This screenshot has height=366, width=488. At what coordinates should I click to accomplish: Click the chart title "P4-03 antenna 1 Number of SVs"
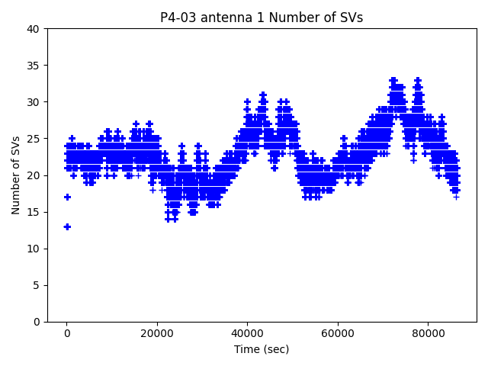(x=262, y=18)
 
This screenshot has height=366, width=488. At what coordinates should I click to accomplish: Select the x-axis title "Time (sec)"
(x=262, y=349)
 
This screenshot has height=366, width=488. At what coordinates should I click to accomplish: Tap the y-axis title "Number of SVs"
(x=16, y=175)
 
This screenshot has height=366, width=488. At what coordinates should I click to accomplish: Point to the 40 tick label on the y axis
(x=34, y=29)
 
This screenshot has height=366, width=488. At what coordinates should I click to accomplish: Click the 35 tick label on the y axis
(x=34, y=66)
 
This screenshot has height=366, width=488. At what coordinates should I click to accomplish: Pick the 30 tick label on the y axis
(x=34, y=102)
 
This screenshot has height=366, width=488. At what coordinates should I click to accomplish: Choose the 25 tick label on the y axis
(x=34, y=139)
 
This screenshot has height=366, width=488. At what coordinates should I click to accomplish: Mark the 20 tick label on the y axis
(x=34, y=175)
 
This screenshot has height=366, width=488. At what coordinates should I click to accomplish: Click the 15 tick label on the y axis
(x=34, y=212)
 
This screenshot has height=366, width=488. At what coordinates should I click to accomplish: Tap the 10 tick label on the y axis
(x=34, y=249)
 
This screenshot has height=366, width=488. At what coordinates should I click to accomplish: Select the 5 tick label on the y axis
(x=37, y=285)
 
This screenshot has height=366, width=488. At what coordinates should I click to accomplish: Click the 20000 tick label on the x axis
(x=157, y=333)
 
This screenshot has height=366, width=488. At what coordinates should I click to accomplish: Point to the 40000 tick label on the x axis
(x=247, y=333)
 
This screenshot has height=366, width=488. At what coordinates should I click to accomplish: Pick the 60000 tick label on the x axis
(x=337, y=333)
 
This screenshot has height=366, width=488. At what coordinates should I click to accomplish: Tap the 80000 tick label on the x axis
(x=427, y=333)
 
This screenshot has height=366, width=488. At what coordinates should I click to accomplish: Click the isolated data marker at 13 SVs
(x=67, y=226)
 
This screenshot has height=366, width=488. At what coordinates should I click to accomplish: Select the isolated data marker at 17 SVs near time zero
(x=67, y=197)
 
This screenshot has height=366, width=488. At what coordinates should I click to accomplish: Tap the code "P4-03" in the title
(x=176, y=18)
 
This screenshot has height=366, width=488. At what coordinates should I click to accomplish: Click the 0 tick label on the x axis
(x=67, y=333)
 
